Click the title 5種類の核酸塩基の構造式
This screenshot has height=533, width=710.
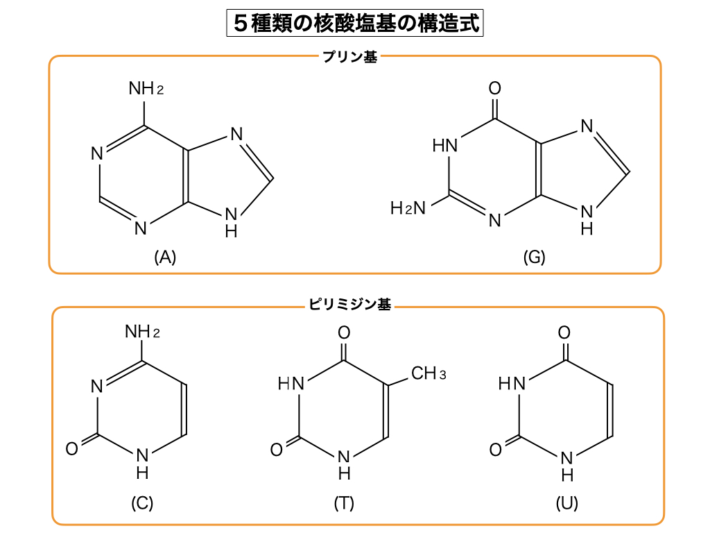point(354,23)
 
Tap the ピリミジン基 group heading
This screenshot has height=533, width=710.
point(349,305)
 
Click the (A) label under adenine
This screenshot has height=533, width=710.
point(165,257)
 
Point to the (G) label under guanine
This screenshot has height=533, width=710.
point(534,257)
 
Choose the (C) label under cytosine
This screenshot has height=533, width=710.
point(142,503)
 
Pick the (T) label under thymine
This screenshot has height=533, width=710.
point(344,503)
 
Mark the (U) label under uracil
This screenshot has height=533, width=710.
point(566,503)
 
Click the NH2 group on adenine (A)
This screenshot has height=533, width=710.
point(146,89)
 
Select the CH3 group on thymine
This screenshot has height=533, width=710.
point(428,374)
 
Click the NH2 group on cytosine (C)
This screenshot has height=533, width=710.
point(142,332)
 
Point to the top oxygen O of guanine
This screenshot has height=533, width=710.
point(494,89)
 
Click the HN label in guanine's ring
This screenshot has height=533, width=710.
point(446,146)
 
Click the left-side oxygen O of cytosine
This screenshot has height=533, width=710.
point(71,449)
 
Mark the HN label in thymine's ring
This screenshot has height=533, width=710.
point(291,383)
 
